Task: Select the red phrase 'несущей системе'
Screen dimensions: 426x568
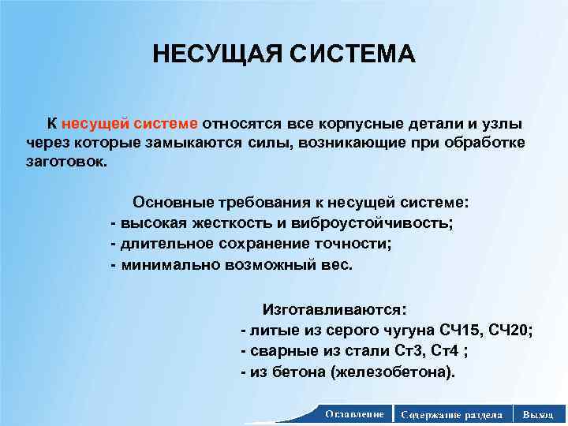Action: coord(130,124)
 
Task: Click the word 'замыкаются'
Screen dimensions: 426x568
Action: coord(200,142)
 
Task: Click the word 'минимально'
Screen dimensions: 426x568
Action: coord(164,264)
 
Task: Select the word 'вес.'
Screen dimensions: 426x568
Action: coord(338,264)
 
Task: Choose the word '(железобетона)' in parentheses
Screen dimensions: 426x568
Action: coord(398,372)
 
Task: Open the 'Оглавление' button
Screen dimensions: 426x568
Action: coord(354,414)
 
